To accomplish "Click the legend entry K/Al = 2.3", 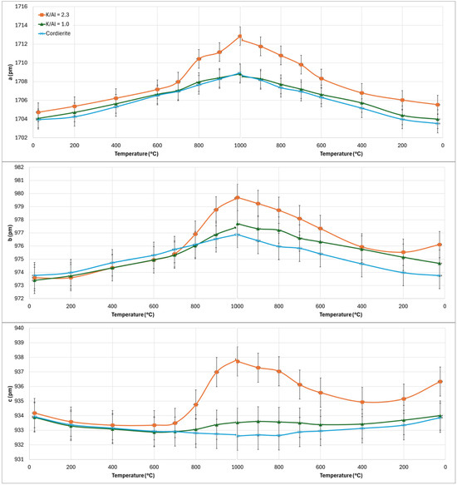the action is tap(54, 14).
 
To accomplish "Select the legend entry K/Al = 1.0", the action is tap(54, 24).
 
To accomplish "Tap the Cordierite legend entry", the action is tap(54, 33).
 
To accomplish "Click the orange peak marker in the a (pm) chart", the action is tap(240, 37).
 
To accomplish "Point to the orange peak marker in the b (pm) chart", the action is tap(238, 197).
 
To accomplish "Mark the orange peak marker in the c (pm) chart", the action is tap(238, 361).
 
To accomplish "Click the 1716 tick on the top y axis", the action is tap(21, 7).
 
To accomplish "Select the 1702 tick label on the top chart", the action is tap(21, 137).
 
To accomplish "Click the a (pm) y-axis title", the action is tap(10, 72).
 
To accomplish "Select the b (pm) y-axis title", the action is tap(10, 233).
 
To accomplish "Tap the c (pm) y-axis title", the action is tap(10, 394).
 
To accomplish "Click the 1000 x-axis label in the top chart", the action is tap(240, 146).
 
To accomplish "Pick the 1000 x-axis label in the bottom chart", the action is tap(238, 467).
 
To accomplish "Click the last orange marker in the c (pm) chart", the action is tap(440, 382).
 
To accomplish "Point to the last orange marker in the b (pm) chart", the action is tap(440, 245).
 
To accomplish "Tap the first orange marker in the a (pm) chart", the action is tap(38, 112).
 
